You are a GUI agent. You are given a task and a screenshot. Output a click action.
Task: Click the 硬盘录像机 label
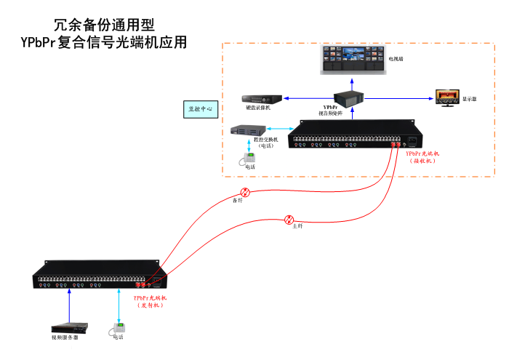(257, 108)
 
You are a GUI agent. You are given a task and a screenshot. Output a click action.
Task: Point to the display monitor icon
(446, 97)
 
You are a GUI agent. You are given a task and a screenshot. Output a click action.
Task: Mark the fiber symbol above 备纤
(245, 192)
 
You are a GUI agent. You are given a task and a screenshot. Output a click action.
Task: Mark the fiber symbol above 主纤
(289, 219)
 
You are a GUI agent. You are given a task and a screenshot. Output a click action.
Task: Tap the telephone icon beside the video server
(116, 328)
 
